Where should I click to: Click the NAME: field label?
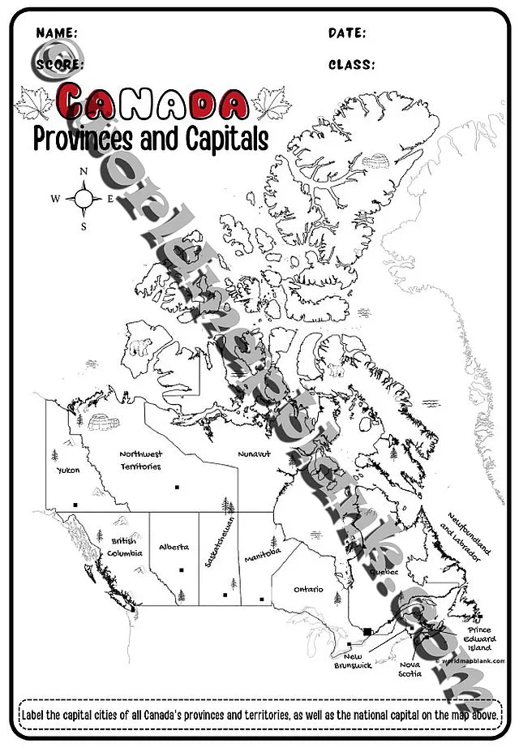pyautogui.click(x=57, y=33)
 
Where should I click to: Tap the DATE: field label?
pyautogui.click(x=347, y=33)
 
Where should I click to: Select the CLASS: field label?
pyautogui.click(x=351, y=65)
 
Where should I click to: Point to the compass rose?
pyautogui.click(x=84, y=198)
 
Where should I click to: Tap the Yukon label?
pyautogui.click(x=68, y=470)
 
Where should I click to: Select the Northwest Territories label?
pyautogui.click(x=140, y=460)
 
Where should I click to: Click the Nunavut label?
pyautogui.click(x=254, y=455)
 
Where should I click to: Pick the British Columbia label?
pyautogui.click(x=124, y=546)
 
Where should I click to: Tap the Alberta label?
pyautogui.click(x=174, y=547)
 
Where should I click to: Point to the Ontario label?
pyautogui.click(x=308, y=589)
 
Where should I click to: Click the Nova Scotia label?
pyautogui.click(x=410, y=668)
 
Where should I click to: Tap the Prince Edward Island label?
pyautogui.click(x=479, y=638)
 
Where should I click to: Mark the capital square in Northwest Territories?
pyautogui.click(x=177, y=487)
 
